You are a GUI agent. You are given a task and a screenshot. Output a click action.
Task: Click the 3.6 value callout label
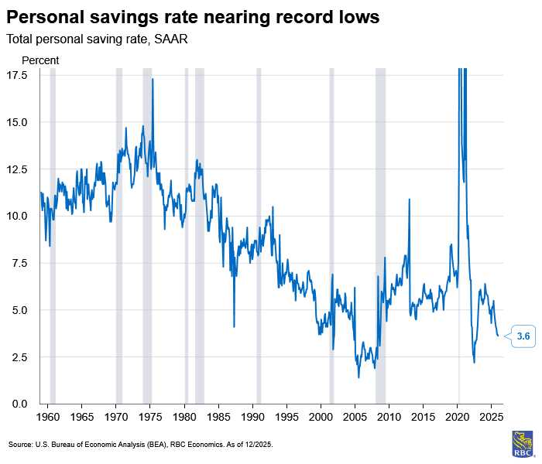tap(523, 336)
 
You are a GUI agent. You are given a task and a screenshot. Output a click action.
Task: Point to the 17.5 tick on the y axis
tap(18, 75)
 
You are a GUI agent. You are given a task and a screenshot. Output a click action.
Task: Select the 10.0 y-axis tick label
tap(18, 216)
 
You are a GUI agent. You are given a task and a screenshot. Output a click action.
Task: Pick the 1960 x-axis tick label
tap(48, 418)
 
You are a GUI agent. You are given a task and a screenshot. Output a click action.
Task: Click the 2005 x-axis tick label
tap(355, 418)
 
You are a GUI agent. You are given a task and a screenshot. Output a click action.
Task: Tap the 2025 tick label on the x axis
tap(491, 418)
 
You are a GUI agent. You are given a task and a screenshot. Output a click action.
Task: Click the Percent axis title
tap(40, 60)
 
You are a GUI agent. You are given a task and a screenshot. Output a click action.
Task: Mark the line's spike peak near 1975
tap(153, 80)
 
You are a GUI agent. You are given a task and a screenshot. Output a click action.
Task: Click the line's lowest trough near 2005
tap(358, 377)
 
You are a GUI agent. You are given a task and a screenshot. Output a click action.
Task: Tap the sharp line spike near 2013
tap(409, 200)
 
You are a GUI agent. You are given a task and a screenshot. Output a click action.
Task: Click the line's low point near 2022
tap(474, 362)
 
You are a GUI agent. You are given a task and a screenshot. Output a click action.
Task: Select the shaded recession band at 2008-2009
tap(380, 232)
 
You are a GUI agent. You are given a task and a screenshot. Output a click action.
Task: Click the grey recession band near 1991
tap(259, 232)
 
